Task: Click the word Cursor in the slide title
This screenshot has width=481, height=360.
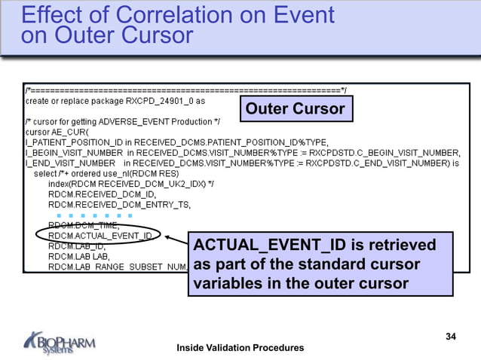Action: coord(155,35)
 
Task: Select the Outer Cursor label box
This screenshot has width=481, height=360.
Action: coord(295,109)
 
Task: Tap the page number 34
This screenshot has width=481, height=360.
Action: coord(451,336)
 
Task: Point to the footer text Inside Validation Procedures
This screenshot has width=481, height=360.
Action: coord(240,347)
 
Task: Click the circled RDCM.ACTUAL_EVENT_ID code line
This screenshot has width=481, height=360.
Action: coord(100,236)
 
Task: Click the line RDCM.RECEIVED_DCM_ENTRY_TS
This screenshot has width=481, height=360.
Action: coord(120,204)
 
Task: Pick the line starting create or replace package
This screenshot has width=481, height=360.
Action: coord(115,99)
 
